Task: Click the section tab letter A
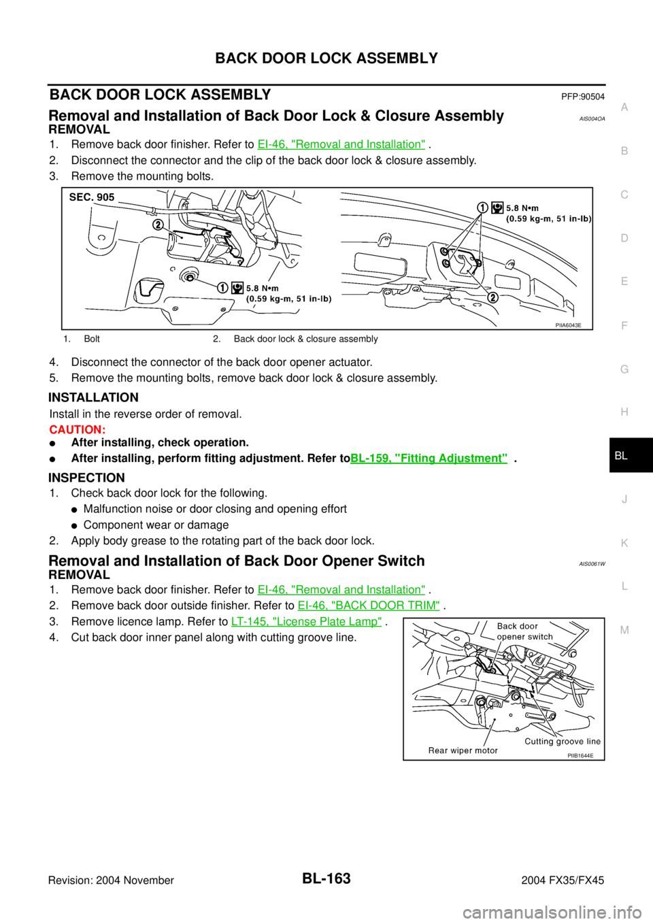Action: pos(624,108)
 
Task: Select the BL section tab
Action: pos(621,456)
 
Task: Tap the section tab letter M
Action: pos(624,630)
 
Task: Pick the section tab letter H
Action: pos(624,412)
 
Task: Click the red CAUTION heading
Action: pos(77,431)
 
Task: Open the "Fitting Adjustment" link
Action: pos(429,458)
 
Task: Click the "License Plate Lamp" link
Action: pos(306,621)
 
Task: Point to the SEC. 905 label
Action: pos(92,197)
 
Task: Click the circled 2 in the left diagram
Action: pos(158,225)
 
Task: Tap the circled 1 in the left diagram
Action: pos(222,288)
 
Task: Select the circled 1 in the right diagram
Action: pos(482,208)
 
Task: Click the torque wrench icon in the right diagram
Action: pos(497,208)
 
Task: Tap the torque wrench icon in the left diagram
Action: pos(237,288)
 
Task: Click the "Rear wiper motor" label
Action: pos(463,750)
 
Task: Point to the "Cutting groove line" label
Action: pos(562,742)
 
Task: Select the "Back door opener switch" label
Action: pos(524,631)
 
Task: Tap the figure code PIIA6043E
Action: pos(568,325)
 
